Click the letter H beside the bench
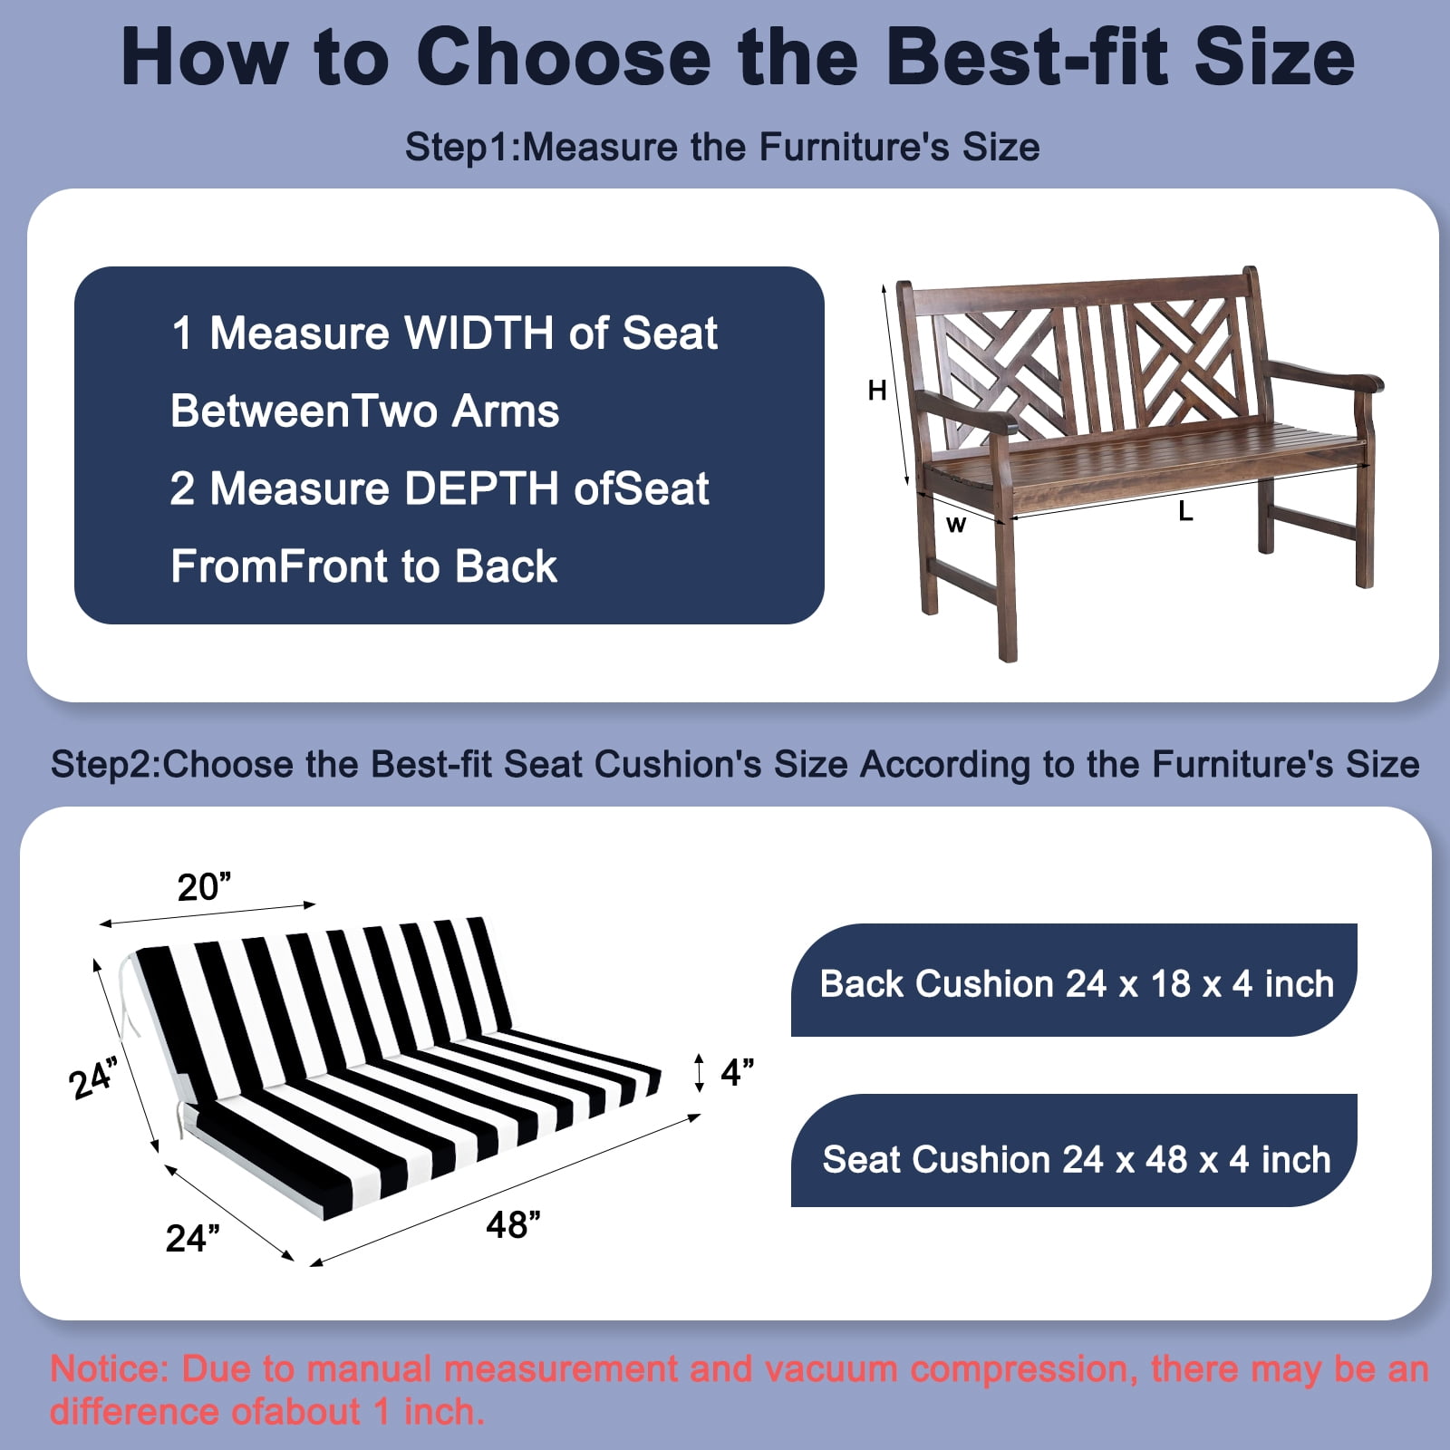tap(876, 391)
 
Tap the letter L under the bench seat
tap(1185, 512)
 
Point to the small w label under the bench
tap(956, 524)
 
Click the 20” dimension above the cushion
tap(204, 887)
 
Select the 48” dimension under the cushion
tap(513, 1224)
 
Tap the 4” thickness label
tap(738, 1072)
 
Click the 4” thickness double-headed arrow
tap(698, 1072)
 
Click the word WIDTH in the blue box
tap(479, 333)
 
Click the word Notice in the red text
tap(110, 1368)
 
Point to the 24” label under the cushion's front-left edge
tap(192, 1238)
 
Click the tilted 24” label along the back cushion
tap(93, 1078)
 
